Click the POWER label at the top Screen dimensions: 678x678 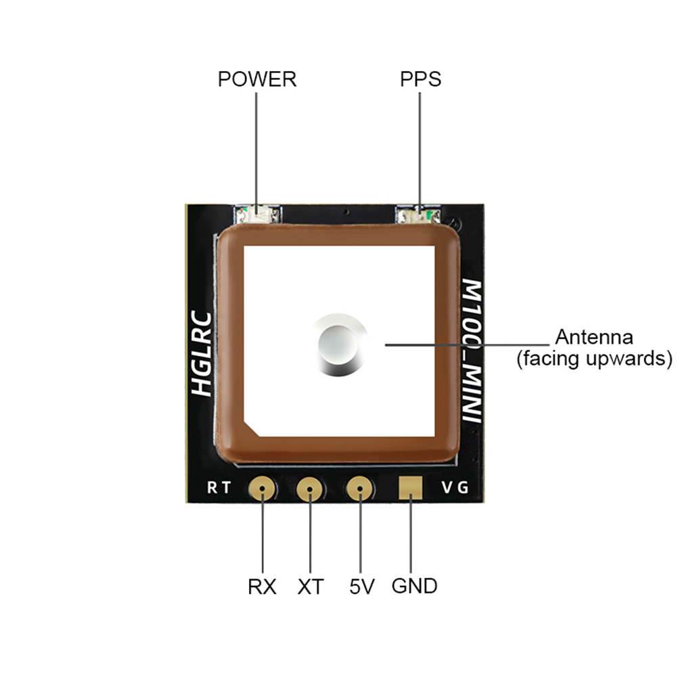coord(257,79)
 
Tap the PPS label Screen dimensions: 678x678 coord(420,79)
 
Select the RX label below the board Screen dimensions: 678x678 coord(262,586)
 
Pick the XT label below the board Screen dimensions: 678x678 coord(311,586)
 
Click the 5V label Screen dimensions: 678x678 coord(362,586)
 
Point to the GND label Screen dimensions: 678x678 coord(414,586)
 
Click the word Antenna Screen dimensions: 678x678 coord(594,337)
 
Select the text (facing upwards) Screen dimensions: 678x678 coord(595,358)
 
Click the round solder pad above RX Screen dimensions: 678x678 coord(261,488)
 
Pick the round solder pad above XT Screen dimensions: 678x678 coord(310,488)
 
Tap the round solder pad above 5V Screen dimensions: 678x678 coord(359,488)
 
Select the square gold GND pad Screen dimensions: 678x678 coord(410,487)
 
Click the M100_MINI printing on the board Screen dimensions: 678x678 coord(471,352)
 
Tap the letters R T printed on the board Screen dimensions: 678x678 coord(219,488)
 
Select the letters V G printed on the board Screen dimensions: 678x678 coord(454,487)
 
